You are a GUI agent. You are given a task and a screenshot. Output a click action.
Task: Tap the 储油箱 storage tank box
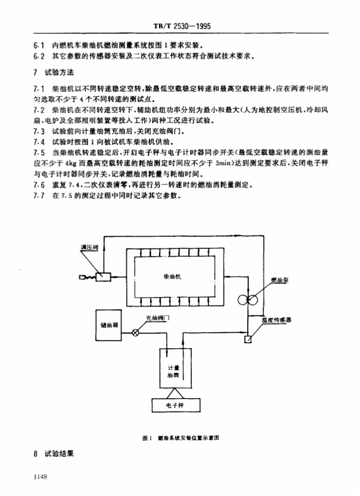[x=110, y=326]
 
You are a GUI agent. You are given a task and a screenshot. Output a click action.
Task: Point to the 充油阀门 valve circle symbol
[x=136, y=333]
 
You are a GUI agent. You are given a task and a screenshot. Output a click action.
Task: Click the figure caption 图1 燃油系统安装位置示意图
[x=182, y=437]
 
